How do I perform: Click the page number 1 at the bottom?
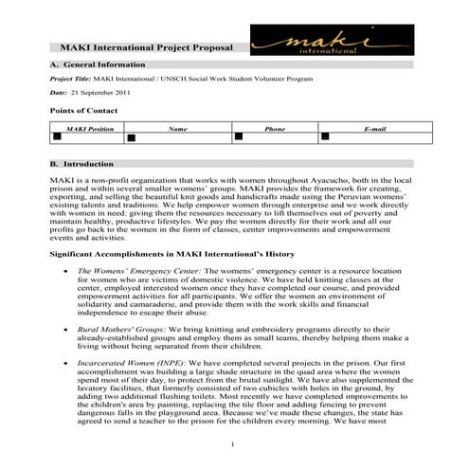tap(234, 444)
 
